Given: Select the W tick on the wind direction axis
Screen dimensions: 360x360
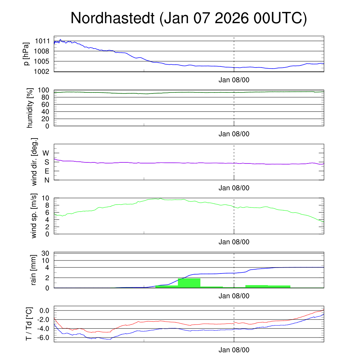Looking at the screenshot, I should [46, 153].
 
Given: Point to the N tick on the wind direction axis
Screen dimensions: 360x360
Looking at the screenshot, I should [46, 180].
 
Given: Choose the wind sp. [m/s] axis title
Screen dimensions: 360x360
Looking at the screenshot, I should [34, 216].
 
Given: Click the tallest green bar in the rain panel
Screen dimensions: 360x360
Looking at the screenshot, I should [189, 283].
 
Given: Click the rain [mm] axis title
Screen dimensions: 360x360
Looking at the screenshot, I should [34, 270].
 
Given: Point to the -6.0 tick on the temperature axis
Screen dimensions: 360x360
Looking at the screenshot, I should [44, 337].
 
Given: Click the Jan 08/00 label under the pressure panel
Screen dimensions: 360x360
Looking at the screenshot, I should [234, 80].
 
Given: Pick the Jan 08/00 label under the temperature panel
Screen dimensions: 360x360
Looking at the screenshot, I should [234, 350].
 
